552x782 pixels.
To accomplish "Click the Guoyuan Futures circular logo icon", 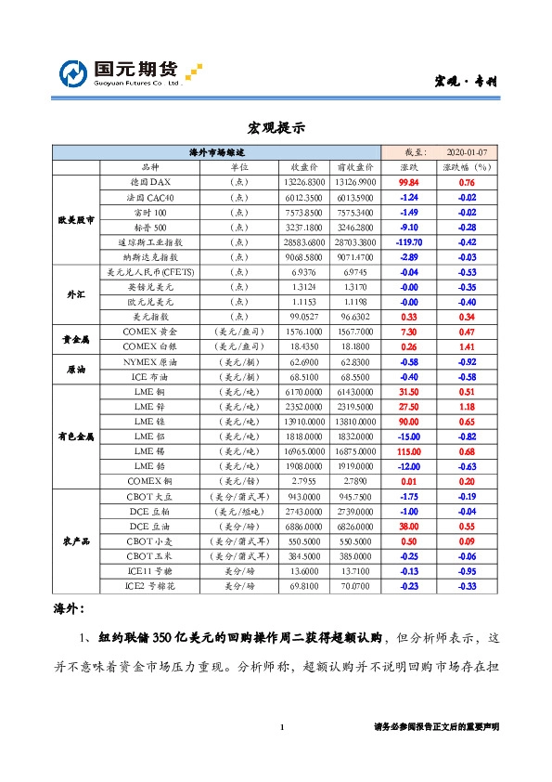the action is tap(72, 73).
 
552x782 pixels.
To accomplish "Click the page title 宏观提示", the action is tap(276, 127).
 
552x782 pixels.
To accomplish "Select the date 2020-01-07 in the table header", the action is tap(468, 151).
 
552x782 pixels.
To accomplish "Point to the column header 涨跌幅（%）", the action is tap(468, 167).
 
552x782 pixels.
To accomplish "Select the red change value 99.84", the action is tap(409, 183).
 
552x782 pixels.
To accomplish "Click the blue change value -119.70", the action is tap(409, 241).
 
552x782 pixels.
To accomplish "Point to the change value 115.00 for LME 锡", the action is tap(409, 450).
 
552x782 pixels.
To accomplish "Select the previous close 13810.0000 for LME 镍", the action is tap(355, 421).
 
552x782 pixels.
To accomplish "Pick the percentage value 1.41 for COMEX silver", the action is tap(468, 345).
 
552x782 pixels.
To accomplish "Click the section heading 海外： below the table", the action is tap(71, 609).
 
